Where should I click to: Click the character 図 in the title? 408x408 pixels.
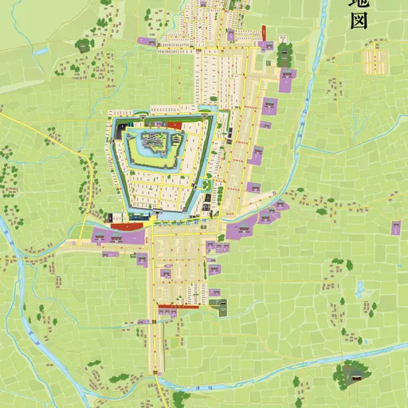[359, 20]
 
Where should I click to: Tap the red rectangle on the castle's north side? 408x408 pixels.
[175, 125]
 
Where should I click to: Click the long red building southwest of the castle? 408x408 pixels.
[127, 226]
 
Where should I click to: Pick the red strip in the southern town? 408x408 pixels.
[178, 306]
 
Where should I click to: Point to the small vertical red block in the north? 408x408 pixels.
[264, 32]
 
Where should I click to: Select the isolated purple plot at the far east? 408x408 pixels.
[396, 228]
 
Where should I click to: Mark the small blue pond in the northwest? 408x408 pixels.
[41, 50]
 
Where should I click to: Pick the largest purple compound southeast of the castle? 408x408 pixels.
[240, 229]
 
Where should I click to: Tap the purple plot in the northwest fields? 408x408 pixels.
[146, 40]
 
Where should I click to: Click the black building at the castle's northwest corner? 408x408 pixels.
[121, 126]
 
